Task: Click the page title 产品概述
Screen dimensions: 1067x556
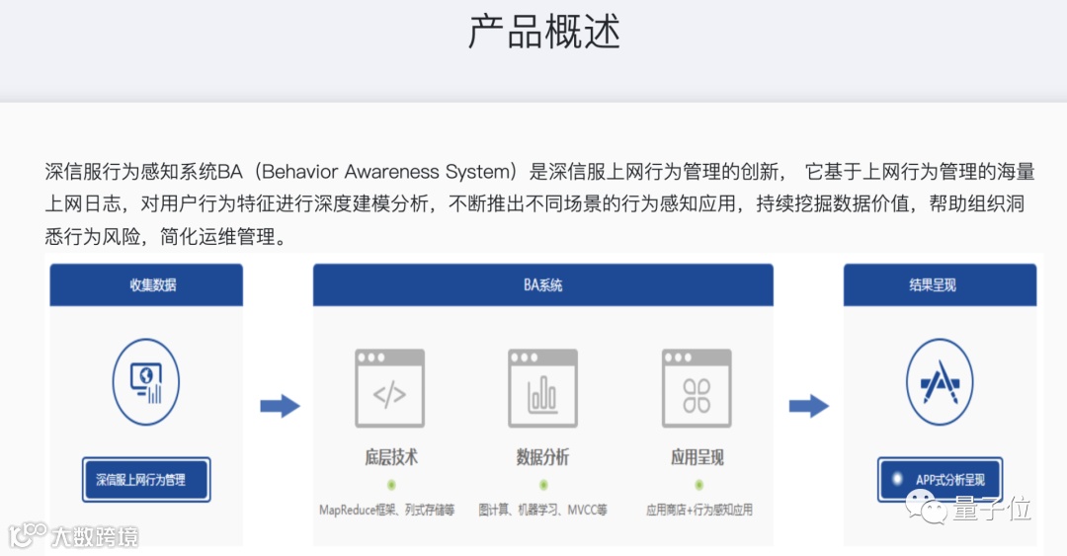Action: [x=543, y=33]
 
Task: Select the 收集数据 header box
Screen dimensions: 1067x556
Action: [x=146, y=284]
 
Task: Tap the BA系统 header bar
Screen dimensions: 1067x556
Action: [x=542, y=284]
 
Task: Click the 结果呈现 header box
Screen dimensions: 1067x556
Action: [x=939, y=284]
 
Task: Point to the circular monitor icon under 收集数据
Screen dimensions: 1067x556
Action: [x=146, y=382]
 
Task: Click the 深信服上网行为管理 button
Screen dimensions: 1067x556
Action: [x=146, y=480]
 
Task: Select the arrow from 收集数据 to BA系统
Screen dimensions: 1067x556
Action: [x=280, y=406]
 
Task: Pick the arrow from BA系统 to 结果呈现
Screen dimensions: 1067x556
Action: [x=808, y=406]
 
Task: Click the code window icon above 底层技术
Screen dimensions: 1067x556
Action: [x=389, y=388]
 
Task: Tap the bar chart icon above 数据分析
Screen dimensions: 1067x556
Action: [x=542, y=388]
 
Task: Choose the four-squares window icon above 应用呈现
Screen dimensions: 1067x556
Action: [x=697, y=388]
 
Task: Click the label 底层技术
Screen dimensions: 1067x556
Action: [x=390, y=457]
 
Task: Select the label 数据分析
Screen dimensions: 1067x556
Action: [x=542, y=457]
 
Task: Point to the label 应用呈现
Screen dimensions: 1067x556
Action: [x=697, y=457]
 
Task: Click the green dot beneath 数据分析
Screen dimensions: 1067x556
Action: [x=543, y=485]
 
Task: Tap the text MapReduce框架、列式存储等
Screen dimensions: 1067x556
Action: [x=387, y=511]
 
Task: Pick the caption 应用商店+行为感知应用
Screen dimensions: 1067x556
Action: [x=698, y=511]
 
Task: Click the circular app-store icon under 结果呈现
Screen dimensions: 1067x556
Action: [x=939, y=382]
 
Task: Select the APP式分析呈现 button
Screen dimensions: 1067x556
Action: [x=940, y=480]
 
